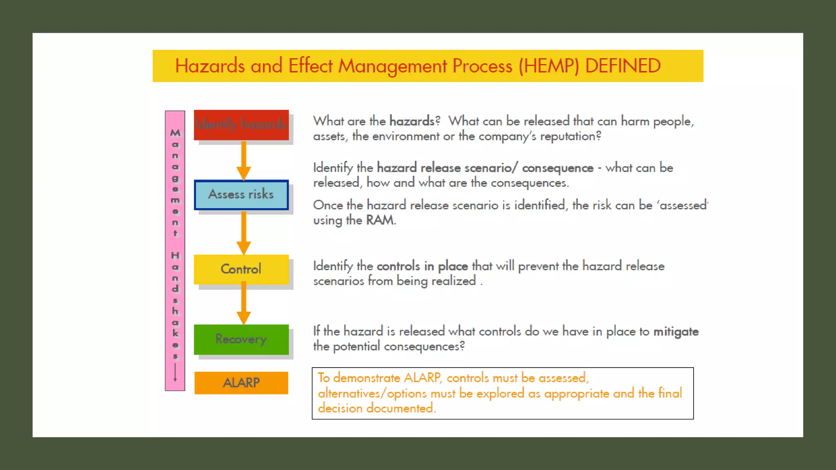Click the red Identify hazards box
pos(241,124)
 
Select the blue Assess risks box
pos(241,195)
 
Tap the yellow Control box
pos(241,269)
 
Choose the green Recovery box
pos(241,339)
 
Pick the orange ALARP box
pos(241,383)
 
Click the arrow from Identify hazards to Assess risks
pos(244,161)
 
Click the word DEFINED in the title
pos(623,66)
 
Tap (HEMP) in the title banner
pos(549,66)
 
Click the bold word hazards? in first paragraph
pos(414,121)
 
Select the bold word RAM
pos(380,220)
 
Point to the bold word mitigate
pos(676,332)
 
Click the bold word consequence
pos(558,168)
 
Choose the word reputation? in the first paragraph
pos(570,136)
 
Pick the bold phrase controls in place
pos(422,266)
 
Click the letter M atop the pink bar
pos(175,133)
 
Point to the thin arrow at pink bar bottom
pos(175,372)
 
